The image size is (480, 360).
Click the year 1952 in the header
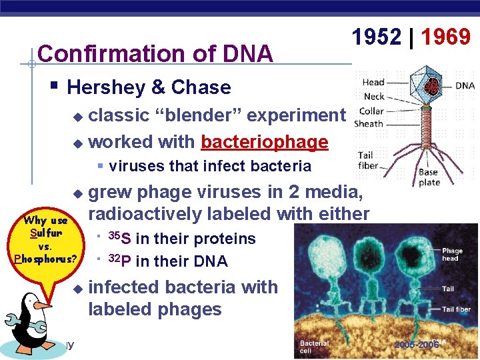click(377, 37)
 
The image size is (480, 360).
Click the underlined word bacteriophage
click(265, 142)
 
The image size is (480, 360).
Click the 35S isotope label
click(119, 239)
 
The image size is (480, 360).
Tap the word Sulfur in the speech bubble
click(45, 233)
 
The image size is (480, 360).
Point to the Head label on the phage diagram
click(373, 82)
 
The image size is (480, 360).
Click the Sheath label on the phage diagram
click(369, 123)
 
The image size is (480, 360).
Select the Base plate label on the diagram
click(428, 177)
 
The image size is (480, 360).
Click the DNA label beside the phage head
click(465, 85)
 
